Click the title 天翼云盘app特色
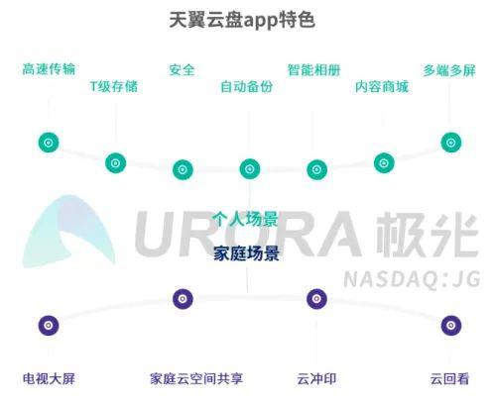point(242,20)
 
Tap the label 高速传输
point(49,69)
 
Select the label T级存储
point(114,86)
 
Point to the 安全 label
point(182,70)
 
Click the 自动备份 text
point(247,86)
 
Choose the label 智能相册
point(313,70)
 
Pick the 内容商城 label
point(382,87)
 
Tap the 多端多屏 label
point(449,70)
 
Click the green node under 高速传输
point(49,143)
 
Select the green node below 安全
point(183,169)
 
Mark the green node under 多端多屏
point(451,143)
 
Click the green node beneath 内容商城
point(384,162)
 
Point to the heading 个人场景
point(245,219)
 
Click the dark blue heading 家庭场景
point(246,253)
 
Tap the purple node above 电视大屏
point(49,326)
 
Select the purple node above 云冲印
point(316,299)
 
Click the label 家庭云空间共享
point(196,378)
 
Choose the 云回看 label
point(449,378)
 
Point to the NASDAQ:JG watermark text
point(412,279)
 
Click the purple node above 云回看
point(451,326)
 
